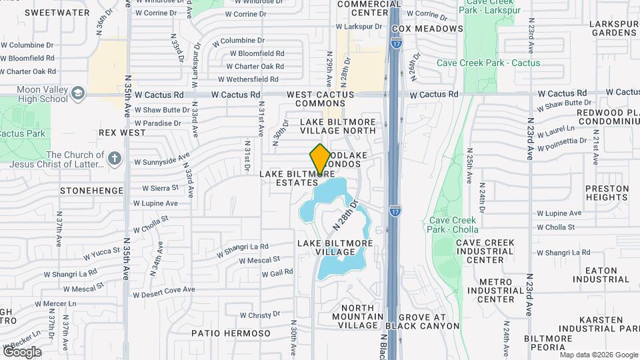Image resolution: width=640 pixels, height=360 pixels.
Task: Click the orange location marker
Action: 320,159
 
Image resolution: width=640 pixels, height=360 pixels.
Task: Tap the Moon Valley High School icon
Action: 79,93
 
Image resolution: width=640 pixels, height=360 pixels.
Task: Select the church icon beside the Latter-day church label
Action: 114,159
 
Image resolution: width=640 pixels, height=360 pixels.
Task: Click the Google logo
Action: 22,351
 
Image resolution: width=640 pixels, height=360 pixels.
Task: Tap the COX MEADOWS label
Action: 427,29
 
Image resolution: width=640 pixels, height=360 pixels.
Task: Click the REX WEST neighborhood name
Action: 122,133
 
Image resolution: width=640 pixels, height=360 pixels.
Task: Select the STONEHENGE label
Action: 91,191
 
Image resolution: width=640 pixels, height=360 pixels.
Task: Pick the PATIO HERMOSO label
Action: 231,333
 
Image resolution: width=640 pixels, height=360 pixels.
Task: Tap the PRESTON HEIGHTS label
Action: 607,193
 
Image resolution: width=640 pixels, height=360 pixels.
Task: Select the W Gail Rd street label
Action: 277,273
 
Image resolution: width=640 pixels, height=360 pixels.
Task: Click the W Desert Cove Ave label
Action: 163,291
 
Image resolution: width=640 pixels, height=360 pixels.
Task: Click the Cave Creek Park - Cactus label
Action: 479,63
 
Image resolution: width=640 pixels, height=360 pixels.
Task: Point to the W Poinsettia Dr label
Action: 564,144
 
